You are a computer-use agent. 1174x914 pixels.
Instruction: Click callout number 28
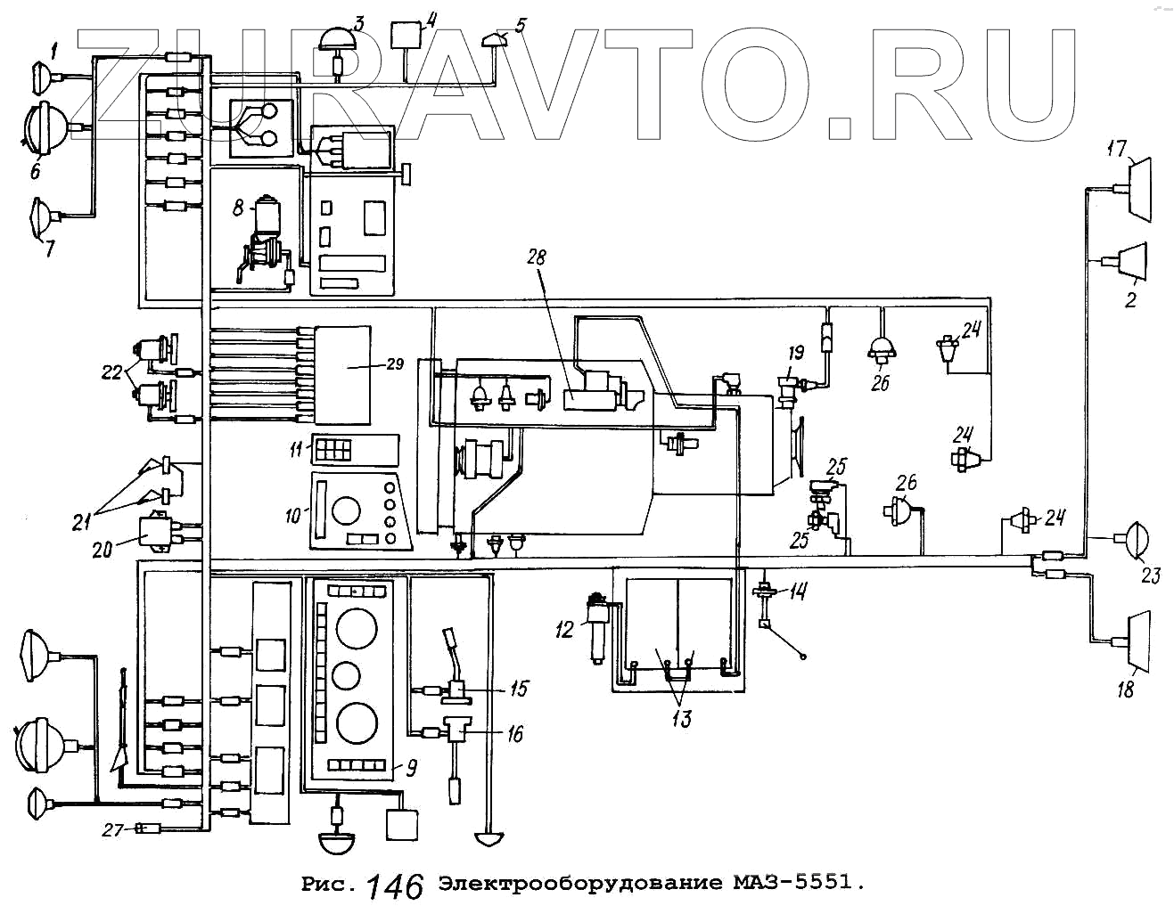537,257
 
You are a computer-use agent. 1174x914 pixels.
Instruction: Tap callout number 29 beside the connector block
395,363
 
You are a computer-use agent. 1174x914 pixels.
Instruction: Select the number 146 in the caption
395,885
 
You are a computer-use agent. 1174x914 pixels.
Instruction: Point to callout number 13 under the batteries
681,718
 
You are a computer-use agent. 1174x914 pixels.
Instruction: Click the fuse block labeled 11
333,450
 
